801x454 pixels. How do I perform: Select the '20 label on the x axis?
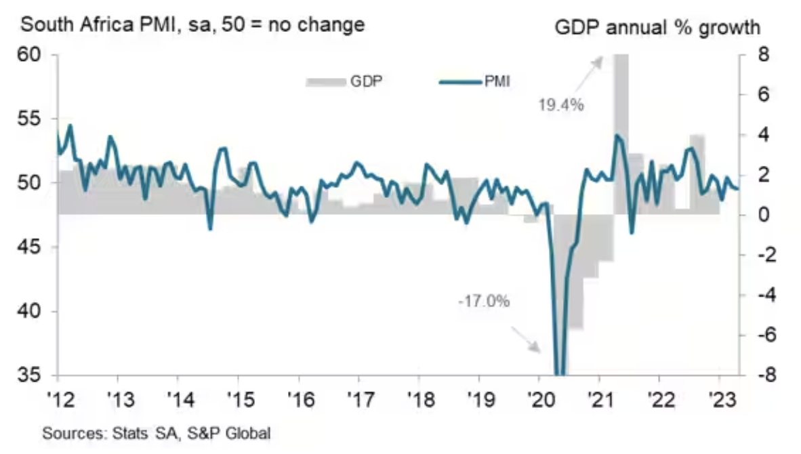[539, 396]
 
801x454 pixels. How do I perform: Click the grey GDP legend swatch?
[326, 82]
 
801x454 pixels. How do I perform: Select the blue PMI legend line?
[461, 82]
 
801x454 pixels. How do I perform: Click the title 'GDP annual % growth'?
[657, 28]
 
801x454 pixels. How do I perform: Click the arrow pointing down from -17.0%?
[525, 337]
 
